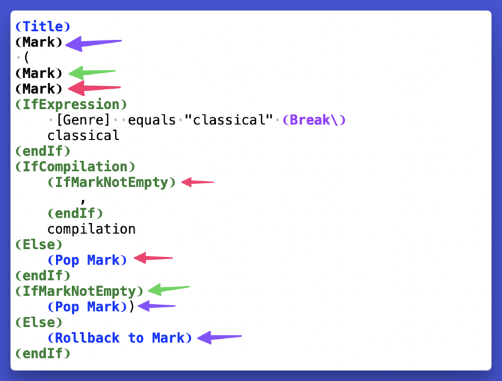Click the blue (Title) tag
point(43,26)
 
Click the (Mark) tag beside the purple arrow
point(39,42)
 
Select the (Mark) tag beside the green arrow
point(39,74)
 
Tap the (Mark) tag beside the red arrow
point(39,89)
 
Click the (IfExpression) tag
point(71,104)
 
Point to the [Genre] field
point(83,120)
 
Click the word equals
point(152,120)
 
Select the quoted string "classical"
point(228,120)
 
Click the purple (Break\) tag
point(314,120)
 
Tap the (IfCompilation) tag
point(75,167)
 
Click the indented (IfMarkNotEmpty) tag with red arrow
point(112,182)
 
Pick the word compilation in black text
point(92,229)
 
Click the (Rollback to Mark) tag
point(119,338)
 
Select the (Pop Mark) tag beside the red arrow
point(87,260)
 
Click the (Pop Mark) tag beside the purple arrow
point(87,307)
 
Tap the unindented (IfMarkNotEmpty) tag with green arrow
point(79,291)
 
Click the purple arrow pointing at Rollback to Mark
point(220,338)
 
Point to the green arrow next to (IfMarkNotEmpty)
point(169,289)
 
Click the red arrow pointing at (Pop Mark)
point(153,258)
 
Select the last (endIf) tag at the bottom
point(43,354)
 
